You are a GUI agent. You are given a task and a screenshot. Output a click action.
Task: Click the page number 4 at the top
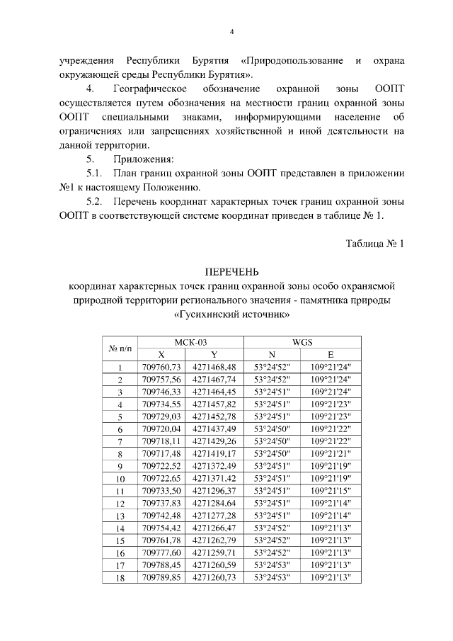click(231, 31)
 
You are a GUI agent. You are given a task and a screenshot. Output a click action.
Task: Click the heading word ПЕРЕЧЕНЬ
click(231, 272)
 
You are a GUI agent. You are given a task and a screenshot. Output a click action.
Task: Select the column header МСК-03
click(190, 341)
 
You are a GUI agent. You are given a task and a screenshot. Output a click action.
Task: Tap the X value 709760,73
click(162, 367)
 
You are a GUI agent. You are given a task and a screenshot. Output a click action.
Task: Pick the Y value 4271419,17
click(214, 453)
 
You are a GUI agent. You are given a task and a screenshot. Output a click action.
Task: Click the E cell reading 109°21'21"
click(331, 453)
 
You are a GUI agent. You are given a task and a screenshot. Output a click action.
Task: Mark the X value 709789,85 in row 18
click(162, 577)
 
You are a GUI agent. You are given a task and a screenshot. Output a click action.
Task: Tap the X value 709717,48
click(162, 453)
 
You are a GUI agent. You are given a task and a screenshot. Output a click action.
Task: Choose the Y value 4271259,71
click(214, 552)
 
